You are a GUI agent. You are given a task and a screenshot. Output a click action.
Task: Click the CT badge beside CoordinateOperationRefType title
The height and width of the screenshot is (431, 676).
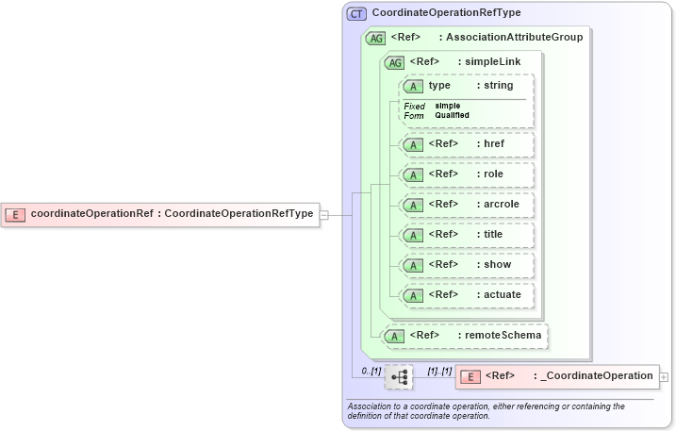[x=356, y=13]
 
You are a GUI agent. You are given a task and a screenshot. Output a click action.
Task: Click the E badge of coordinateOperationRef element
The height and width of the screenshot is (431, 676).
[x=15, y=214]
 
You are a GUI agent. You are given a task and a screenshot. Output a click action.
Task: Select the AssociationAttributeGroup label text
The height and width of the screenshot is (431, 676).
[x=514, y=38]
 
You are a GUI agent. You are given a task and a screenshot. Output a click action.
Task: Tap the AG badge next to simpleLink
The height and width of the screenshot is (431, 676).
[x=393, y=62]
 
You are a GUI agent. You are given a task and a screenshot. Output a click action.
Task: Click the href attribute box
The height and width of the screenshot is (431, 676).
[x=466, y=144]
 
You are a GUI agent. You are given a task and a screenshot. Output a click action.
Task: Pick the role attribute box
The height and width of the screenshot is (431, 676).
[x=466, y=174]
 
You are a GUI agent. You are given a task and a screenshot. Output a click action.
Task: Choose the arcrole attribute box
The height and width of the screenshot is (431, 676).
[x=466, y=205]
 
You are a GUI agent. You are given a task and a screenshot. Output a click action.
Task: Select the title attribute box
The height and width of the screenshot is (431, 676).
[x=466, y=235]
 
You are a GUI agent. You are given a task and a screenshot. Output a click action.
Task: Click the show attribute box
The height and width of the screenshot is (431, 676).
[x=466, y=265]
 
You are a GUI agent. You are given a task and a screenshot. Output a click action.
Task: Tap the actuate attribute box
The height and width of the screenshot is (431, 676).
[x=466, y=295]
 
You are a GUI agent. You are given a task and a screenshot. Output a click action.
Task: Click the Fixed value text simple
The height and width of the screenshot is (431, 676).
[x=448, y=106]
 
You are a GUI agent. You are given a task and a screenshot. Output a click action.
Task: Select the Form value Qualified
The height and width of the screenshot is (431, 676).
[x=452, y=115]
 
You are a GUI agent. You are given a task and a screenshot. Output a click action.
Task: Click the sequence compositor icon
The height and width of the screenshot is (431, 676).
[x=400, y=376]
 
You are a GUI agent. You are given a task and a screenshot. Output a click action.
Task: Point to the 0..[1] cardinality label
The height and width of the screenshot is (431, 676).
[x=371, y=371]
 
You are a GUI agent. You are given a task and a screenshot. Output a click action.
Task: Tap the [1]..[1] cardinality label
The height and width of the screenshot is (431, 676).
[x=439, y=371]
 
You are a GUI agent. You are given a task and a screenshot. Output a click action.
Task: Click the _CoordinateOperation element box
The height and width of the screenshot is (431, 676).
[x=556, y=376]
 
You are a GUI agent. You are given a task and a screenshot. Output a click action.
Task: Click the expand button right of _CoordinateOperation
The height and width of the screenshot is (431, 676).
[x=665, y=376]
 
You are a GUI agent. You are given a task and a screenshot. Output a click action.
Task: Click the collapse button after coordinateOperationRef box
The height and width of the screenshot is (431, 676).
[x=323, y=214]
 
